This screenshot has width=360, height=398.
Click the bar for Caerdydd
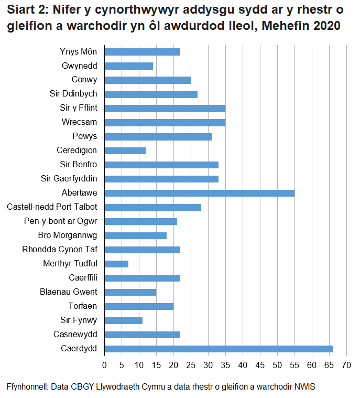click(219, 349)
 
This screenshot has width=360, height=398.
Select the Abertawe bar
click(200, 193)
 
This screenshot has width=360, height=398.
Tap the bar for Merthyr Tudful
click(116, 264)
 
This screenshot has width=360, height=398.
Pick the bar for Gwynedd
click(129, 66)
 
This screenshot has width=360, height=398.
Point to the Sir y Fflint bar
click(165, 109)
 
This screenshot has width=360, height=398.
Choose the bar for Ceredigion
click(125, 151)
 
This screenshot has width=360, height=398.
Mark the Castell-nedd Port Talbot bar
click(153, 207)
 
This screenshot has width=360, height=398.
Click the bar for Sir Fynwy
click(124, 320)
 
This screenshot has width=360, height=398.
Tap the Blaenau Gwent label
click(68, 292)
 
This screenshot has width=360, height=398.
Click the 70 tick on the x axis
click(346, 365)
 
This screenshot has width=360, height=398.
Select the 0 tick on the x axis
click(105, 365)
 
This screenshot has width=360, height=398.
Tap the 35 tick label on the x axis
click(225, 365)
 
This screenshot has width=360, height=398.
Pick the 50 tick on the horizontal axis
click(277, 365)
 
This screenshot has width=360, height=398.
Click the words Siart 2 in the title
click(26, 12)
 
